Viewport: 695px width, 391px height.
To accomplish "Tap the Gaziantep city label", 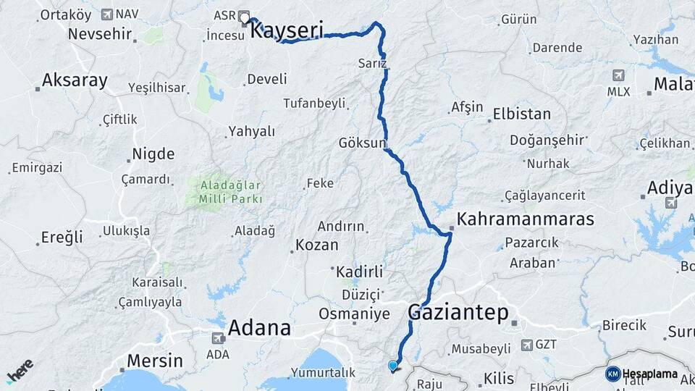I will click(x=458, y=314).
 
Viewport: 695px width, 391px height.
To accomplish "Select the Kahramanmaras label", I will click(x=526, y=219).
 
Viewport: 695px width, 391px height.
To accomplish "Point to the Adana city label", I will click(x=259, y=329).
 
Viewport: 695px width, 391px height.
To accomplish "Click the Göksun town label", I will click(x=363, y=143).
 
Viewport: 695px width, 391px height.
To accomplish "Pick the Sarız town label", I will click(x=373, y=64).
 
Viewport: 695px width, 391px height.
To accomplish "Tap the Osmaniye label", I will click(x=354, y=314).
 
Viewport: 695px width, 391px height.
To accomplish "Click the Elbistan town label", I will click(x=521, y=114).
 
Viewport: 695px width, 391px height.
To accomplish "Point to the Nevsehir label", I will click(x=100, y=34).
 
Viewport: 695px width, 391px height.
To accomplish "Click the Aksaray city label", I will click(x=75, y=80).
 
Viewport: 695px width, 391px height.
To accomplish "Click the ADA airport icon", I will click(x=218, y=337).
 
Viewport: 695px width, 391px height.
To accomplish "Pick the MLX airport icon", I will click(x=618, y=75).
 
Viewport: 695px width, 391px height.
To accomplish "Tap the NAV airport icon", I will click(x=108, y=14).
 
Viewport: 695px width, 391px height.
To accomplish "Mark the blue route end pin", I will click(x=392, y=366).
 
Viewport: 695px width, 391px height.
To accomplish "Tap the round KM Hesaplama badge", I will click(x=612, y=374).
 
